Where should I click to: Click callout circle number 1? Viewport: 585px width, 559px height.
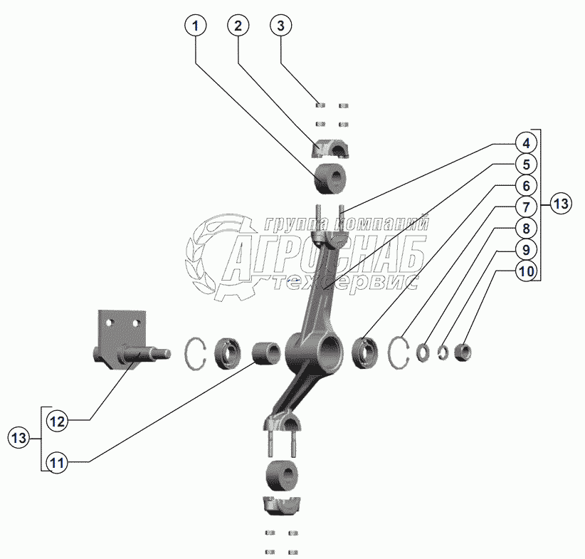coord(196,26)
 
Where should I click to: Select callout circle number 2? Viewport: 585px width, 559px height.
coord(238,26)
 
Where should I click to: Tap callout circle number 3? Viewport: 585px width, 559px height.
coord(281,26)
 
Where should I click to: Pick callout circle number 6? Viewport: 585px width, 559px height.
coord(525,186)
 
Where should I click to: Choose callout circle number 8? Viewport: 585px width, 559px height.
coord(525,229)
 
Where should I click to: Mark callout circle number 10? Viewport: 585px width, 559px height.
coord(525,271)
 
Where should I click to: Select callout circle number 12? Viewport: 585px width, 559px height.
coord(58,422)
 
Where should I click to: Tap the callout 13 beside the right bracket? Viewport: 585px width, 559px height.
coord(562,204)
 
